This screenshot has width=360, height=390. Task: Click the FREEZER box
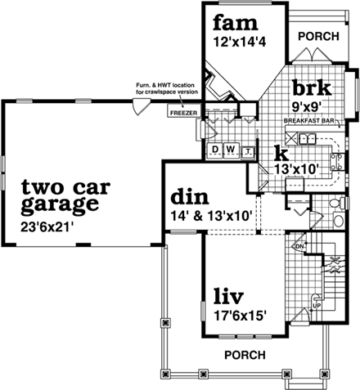pos(183,111)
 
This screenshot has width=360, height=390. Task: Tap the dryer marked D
pos(214,150)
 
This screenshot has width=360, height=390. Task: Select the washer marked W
pos(229,150)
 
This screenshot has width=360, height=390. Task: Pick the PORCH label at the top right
pos(317,37)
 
